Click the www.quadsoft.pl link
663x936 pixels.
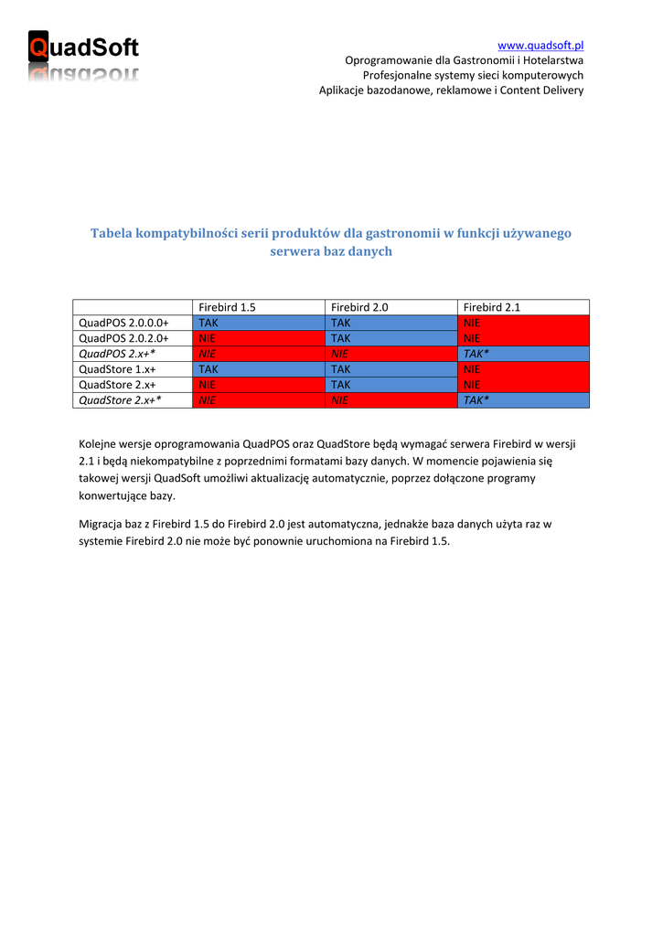(x=540, y=45)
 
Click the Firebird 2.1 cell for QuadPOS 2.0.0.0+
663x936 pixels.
(x=523, y=324)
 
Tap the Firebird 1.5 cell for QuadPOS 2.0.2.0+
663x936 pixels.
(x=259, y=339)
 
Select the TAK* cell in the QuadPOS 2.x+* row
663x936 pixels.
(x=523, y=354)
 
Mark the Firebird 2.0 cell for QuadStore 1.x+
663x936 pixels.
(x=390, y=369)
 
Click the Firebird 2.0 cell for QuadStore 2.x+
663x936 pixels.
(x=390, y=385)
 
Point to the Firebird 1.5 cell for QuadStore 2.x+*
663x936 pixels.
(x=259, y=400)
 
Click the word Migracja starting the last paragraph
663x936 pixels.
(x=103, y=525)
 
